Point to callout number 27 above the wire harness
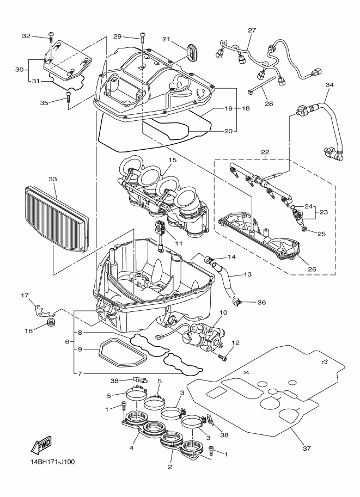(252, 30)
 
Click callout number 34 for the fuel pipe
(329, 85)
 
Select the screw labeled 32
(51, 36)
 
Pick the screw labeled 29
(143, 37)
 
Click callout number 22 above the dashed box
(265, 152)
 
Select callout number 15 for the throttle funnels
(173, 161)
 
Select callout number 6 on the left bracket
(66, 341)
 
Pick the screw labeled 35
(69, 97)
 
